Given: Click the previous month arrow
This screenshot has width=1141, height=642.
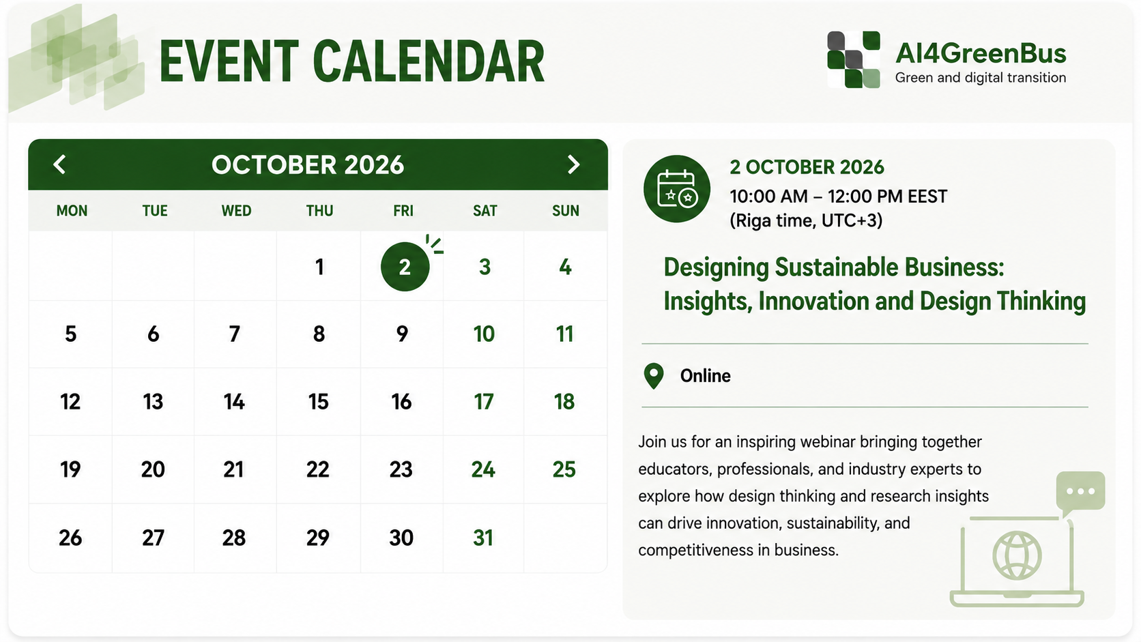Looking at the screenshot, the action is pos(59,164).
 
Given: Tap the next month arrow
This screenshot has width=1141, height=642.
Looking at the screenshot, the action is pos(573,164).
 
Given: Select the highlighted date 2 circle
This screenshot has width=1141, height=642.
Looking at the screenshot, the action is pos(405,267).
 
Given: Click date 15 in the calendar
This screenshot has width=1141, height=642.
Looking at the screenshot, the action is pos(319,402).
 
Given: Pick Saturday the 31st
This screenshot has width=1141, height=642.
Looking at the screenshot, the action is pos(483,538).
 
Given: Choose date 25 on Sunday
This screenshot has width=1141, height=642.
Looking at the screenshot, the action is pos(564,469).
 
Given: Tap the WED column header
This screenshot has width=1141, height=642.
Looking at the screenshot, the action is pos(236,211).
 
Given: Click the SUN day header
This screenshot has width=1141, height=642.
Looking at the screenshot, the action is pos(566,211).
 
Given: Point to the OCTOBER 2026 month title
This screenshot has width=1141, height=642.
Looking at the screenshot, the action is pos(308,165).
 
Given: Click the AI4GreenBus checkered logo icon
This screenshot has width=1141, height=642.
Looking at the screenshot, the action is pos(854,59).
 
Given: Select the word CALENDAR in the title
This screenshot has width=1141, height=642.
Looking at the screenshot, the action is pos(429,61).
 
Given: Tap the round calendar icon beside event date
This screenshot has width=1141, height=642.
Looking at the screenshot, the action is pos(676,189).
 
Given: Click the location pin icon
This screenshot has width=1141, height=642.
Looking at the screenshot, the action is pos(654,376).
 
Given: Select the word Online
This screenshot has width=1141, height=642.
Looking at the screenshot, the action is pos(705,376).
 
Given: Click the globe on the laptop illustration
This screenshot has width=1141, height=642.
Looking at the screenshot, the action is pos(1017,555).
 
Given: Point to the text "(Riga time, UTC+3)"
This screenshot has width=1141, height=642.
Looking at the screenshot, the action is pos(806,221).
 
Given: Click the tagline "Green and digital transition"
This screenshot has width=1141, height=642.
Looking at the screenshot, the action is pos(981,78).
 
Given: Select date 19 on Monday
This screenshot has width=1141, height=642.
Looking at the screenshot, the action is pos(70,469).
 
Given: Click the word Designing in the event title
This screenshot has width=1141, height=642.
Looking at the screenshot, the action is pos(716,268).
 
